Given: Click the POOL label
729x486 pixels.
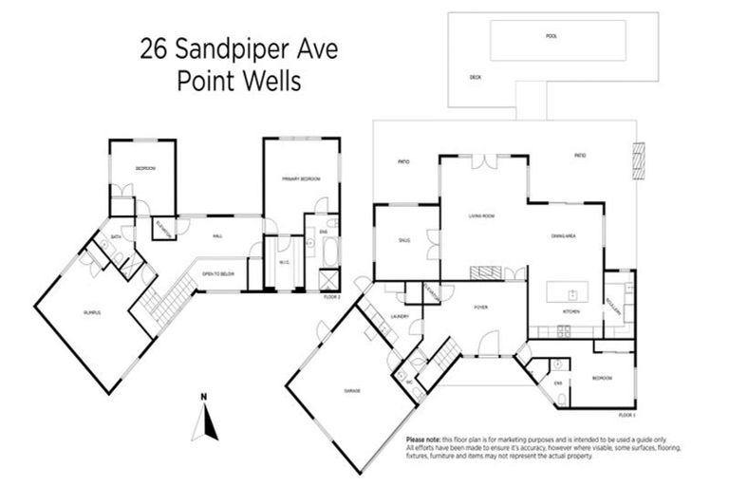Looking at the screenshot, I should tap(551, 37).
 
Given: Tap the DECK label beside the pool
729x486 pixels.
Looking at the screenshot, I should tap(476, 79).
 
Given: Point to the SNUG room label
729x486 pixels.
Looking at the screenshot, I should tap(404, 240).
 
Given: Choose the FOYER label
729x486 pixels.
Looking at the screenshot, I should tap(480, 308).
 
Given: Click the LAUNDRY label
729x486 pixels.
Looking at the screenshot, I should tap(400, 317).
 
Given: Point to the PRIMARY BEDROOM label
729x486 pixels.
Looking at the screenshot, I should tap(300, 178).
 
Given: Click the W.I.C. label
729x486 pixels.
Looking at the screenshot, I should tap(283, 264).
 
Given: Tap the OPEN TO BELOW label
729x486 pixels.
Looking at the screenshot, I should tap(217, 275).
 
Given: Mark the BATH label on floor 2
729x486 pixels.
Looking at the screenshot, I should tap(115, 236).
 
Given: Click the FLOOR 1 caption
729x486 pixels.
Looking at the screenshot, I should tap(625, 416).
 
